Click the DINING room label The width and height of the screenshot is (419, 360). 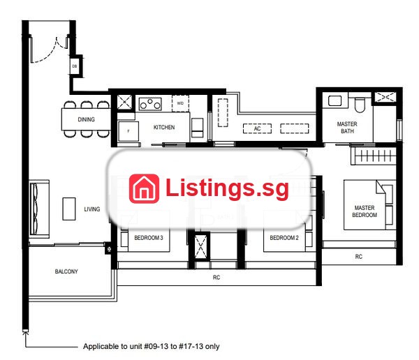pos(86,119)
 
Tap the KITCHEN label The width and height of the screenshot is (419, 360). pos(164,127)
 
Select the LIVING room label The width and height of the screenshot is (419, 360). pos(92,209)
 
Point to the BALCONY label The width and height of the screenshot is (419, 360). pos(66,271)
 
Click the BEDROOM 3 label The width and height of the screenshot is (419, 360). pos(149,238)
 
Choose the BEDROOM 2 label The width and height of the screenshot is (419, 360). pos(284,238)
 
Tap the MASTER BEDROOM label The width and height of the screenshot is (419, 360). pos(365,211)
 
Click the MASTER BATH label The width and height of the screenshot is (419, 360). pos(347,128)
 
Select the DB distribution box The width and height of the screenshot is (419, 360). pos(75,66)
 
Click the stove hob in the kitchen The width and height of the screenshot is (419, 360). pos(150,104)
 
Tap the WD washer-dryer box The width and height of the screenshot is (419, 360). pos(180,103)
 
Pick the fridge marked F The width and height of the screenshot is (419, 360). pos(128,131)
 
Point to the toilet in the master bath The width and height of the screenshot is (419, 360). pos(360,105)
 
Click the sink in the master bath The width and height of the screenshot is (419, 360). pos(335,100)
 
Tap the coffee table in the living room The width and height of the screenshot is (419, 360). pos(69,209)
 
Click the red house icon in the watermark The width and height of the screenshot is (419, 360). pos(144,188)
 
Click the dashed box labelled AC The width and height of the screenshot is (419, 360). pos(257,128)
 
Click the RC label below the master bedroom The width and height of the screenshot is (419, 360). pos(359,257)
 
